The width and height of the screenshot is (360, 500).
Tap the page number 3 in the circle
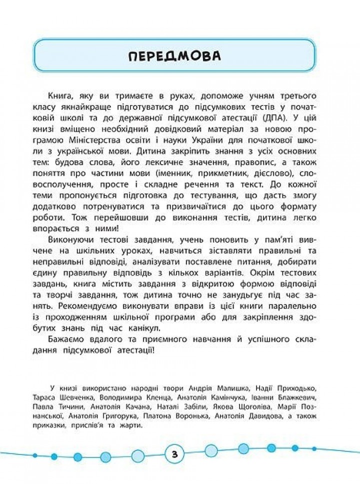point(173,454)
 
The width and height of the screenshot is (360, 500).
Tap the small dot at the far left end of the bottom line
point(34,455)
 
